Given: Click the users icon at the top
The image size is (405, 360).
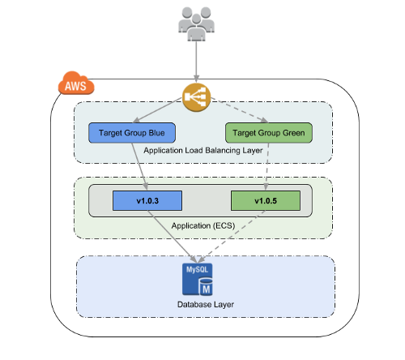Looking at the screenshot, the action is [196, 24].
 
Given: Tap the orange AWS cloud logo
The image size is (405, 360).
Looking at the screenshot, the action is [76, 83].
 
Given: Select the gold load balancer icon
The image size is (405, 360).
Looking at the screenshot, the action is [196, 97].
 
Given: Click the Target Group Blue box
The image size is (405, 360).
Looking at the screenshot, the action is [132, 133].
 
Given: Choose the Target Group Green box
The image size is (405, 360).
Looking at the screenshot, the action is [269, 133].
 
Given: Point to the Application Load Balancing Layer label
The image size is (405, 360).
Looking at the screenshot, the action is [203, 150].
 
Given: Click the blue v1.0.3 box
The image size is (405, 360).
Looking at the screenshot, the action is [147, 200].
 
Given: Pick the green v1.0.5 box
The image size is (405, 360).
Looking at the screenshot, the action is [266, 200].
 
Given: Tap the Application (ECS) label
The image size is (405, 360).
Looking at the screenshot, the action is [203, 225].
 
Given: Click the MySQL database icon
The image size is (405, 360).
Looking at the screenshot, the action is [198, 279].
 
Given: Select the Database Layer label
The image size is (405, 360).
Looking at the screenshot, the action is [206, 304].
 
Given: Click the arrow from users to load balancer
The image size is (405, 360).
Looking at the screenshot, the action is [196, 62].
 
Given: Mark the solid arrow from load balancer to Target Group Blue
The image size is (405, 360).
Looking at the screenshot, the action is [157, 110].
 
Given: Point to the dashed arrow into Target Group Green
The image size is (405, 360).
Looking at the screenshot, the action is [240, 110].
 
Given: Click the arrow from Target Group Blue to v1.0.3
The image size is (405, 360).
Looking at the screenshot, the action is [139, 166].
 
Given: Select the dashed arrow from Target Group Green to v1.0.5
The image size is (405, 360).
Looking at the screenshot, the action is [267, 166].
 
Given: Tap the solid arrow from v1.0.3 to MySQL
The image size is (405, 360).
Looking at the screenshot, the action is [172, 237].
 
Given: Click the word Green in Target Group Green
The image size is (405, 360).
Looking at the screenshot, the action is [293, 133].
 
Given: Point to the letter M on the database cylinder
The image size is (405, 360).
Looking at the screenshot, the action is [207, 289].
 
